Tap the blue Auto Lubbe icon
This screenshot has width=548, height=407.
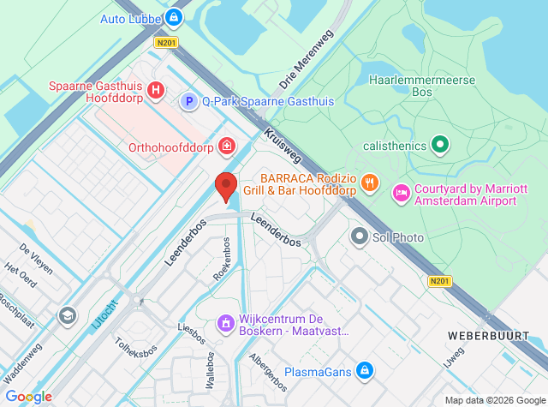click(x=175, y=17)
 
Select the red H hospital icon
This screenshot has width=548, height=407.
click(x=156, y=89)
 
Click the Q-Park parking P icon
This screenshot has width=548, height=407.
click(x=188, y=102)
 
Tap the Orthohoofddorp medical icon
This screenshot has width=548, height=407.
click(x=226, y=146)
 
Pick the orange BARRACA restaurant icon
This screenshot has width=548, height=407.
click(x=370, y=181)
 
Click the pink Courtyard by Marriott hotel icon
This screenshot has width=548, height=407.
click(x=400, y=194)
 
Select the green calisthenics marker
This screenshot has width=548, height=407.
click(x=440, y=145)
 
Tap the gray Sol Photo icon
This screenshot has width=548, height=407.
click(x=359, y=236)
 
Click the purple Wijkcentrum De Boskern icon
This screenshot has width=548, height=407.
click(x=226, y=324)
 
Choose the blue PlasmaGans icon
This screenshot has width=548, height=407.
click(x=365, y=370)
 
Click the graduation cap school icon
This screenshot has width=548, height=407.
click(x=66, y=317)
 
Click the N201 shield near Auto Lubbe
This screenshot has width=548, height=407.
click(x=167, y=41)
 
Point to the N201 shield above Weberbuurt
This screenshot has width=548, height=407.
click(x=439, y=281)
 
